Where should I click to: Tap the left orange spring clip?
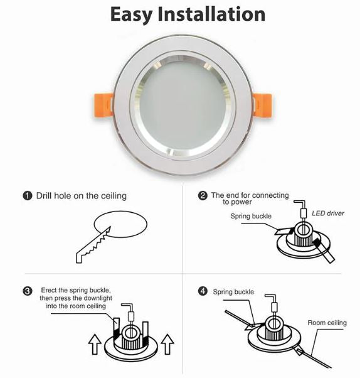(x=98, y=104)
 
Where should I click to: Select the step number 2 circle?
(x=203, y=196)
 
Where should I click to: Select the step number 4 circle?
(x=203, y=291)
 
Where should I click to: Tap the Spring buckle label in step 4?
(x=233, y=292)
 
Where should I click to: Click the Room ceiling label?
(x=326, y=323)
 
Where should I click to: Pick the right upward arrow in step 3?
(x=166, y=345)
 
